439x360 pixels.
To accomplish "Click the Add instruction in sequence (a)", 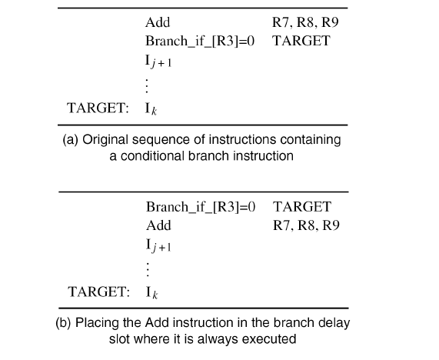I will (158, 23).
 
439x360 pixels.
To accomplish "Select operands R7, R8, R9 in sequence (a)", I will (305, 23).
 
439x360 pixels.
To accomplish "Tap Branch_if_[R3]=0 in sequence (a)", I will (199, 41).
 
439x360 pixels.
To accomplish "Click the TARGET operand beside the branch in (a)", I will (301, 41).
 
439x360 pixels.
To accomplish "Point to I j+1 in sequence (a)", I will (158, 61).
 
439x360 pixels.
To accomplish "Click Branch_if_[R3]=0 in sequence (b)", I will (199, 207).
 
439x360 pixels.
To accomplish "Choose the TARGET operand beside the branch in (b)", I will (301, 207).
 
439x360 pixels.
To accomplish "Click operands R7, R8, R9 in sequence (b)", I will (306, 225).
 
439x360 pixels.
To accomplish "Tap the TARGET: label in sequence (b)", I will (98, 292).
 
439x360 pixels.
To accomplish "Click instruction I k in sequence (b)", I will (151, 292).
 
